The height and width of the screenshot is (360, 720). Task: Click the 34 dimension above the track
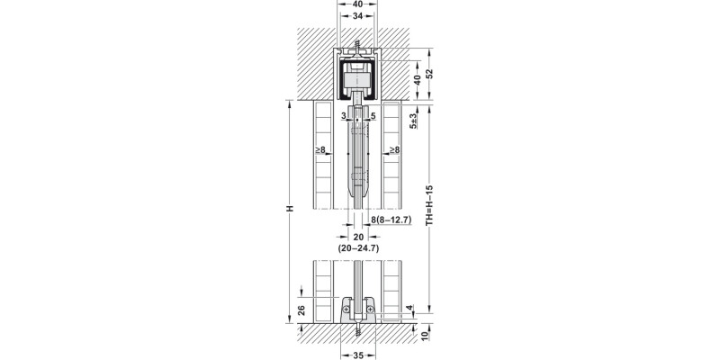click(357, 16)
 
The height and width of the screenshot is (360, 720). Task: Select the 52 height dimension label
click(429, 74)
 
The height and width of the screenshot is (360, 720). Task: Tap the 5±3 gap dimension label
click(413, 121)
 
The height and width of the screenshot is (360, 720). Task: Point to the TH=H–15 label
click(429, 205)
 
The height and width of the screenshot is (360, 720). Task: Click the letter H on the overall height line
click(289, 209)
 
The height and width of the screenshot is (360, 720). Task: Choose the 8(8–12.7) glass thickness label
click(391, 220)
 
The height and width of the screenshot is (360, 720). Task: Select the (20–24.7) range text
click(358, 248)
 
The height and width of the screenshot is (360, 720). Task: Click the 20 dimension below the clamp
click(358, 237)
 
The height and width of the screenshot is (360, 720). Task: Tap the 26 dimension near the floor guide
click(301, 310)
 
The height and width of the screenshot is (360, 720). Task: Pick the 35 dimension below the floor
click(358, 355)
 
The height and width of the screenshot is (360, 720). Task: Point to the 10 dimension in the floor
click(425, 336)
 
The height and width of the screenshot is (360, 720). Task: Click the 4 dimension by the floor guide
click(409, 308)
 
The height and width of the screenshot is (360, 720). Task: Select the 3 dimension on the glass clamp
click(344, 116)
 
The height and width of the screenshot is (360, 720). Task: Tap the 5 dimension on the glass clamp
click(373, 116)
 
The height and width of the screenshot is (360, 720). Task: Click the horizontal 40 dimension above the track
click(357, 4)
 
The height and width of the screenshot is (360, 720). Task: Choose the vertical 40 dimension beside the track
click(417, 80)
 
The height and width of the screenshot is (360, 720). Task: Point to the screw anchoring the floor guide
click(358, 329)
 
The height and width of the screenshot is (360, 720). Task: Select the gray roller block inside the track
click(357, 81)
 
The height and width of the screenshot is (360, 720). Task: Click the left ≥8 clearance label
click(320, 149)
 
